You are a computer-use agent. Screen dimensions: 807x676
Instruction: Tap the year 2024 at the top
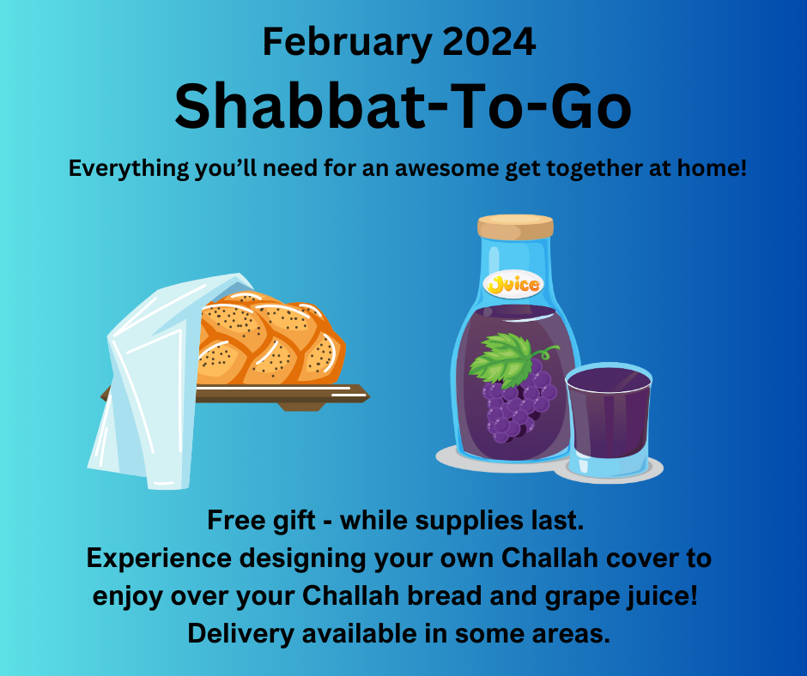tap(489, 42)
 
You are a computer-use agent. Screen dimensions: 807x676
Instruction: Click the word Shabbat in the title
tap(300, 107)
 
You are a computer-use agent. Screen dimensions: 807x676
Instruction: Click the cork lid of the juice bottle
tap(515, 226)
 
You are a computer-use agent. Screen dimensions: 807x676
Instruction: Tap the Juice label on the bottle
tap(514, 284)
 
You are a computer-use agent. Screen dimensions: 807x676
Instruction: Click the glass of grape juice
tap(608, 419)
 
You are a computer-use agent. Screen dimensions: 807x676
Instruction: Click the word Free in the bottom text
tap(236, 520)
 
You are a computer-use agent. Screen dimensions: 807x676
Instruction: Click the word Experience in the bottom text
tap(159, 559)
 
